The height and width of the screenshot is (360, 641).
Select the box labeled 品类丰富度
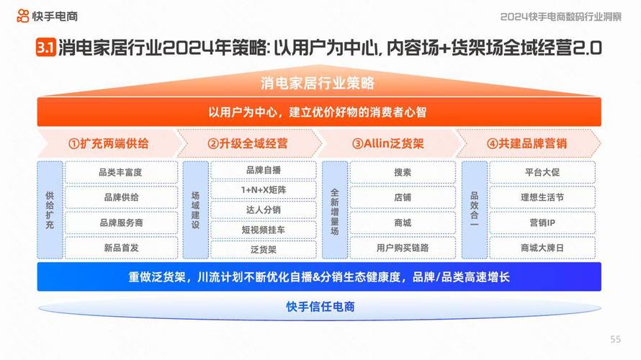121,172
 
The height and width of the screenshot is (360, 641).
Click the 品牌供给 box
121,197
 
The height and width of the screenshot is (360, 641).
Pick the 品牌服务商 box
121,222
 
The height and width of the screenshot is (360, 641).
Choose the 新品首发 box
121,248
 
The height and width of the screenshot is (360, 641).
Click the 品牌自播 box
264,170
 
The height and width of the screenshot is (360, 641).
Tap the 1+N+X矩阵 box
264,189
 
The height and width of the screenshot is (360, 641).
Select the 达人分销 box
264,210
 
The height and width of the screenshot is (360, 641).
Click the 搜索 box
403,172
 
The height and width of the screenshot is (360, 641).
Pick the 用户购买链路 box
403,248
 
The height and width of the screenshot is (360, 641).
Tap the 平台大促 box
542,172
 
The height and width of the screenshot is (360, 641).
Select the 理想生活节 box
542,197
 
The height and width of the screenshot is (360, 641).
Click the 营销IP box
542,222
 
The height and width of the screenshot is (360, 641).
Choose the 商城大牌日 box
542,248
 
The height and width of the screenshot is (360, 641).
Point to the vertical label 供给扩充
50,210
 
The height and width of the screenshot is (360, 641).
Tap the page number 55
615,339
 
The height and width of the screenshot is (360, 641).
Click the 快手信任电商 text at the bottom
320,307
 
